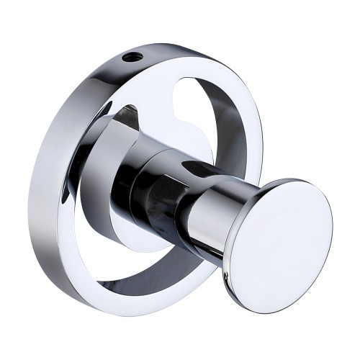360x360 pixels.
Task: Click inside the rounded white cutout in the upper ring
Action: [184, 86]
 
